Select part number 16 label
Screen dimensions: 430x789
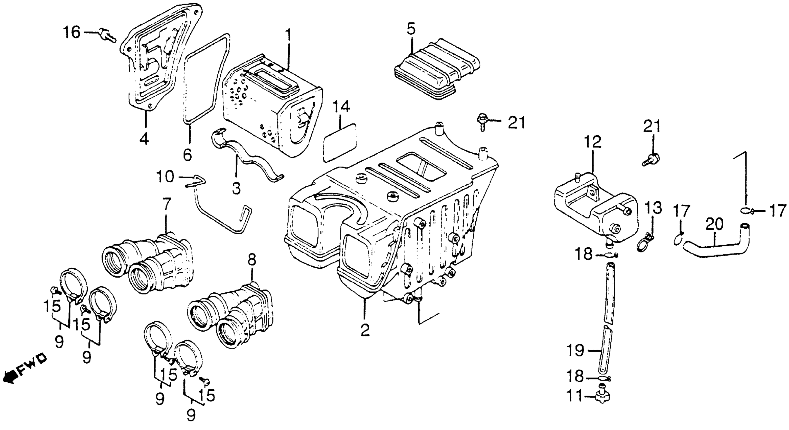[72, 32]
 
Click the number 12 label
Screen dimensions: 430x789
[592, 142]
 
